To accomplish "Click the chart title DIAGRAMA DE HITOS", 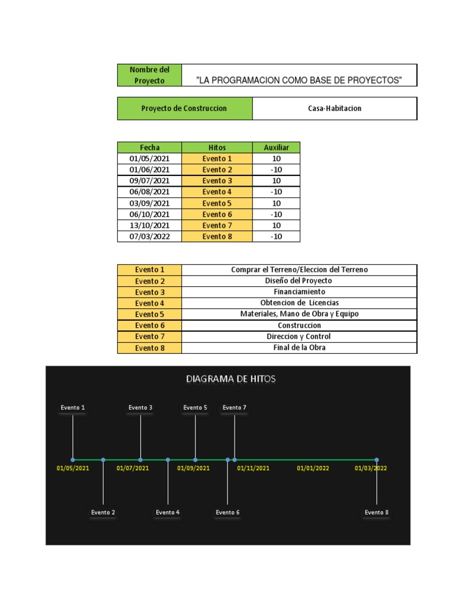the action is coord(230,379).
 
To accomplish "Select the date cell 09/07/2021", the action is coord(149,181).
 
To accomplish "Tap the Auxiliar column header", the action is coord(276,148).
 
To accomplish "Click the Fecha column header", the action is coord(149,148).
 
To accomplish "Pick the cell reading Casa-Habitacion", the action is coord(335,108).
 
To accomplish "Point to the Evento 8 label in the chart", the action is coord(377,512).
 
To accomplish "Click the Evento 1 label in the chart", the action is coord(73,408).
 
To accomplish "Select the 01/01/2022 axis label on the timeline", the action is coord(313,468).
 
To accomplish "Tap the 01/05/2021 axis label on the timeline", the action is coord(73,468).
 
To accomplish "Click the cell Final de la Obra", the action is coord(299,348).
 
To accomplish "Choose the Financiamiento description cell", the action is coord(299,292).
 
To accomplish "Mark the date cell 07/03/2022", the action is coord(149,237).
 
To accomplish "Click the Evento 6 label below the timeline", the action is coord(227,512).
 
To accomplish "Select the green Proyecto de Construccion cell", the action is coord(184,108).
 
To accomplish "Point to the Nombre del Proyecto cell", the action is coord(149,75).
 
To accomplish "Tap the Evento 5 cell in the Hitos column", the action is coord(217,203).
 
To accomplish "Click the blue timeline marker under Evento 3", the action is coord(140,459).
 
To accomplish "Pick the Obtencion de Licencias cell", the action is coord(299,303).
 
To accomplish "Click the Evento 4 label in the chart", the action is coord(168,512).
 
